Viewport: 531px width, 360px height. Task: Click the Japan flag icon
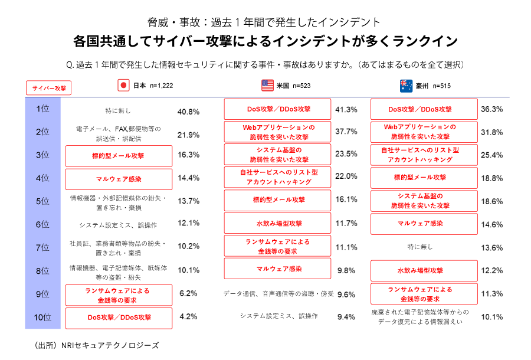[124, 85]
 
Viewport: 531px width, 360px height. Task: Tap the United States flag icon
[268, 85]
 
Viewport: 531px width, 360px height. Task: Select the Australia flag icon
[406, 85]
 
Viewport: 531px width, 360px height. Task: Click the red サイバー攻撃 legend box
[48, 88]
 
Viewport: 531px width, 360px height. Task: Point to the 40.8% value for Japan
[188, 111]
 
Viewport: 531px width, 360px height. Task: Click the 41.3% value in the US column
[346, 110]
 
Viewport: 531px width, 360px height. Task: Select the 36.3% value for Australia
[492, 109]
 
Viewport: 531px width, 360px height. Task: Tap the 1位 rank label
[42, 109]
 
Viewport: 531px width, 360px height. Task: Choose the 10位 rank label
[42, 318]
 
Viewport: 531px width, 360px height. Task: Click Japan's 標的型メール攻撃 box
[119, 156]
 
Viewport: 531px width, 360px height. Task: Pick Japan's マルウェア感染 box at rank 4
[119, 179]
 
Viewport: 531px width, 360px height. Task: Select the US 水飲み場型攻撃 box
[278, 224]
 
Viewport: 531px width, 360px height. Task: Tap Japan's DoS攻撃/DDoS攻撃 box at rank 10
[119, 318]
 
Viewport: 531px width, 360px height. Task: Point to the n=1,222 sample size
[161, 86]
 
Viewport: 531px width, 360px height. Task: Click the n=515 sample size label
[442, 86]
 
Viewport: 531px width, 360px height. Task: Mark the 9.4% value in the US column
[346, 317]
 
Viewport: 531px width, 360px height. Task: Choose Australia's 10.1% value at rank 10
[492, 317]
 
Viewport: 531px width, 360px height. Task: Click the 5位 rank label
[42, 201]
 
